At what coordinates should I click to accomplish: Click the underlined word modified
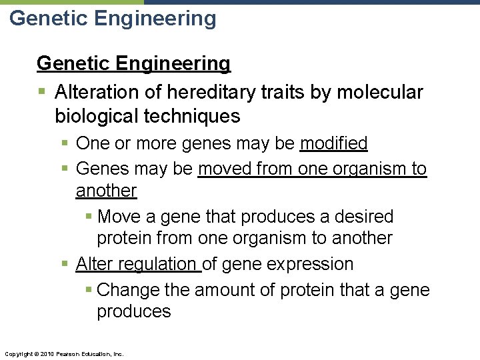334,143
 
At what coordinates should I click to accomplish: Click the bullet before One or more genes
64,143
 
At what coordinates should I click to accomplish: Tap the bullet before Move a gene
89,217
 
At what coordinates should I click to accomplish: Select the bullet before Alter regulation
64,264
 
